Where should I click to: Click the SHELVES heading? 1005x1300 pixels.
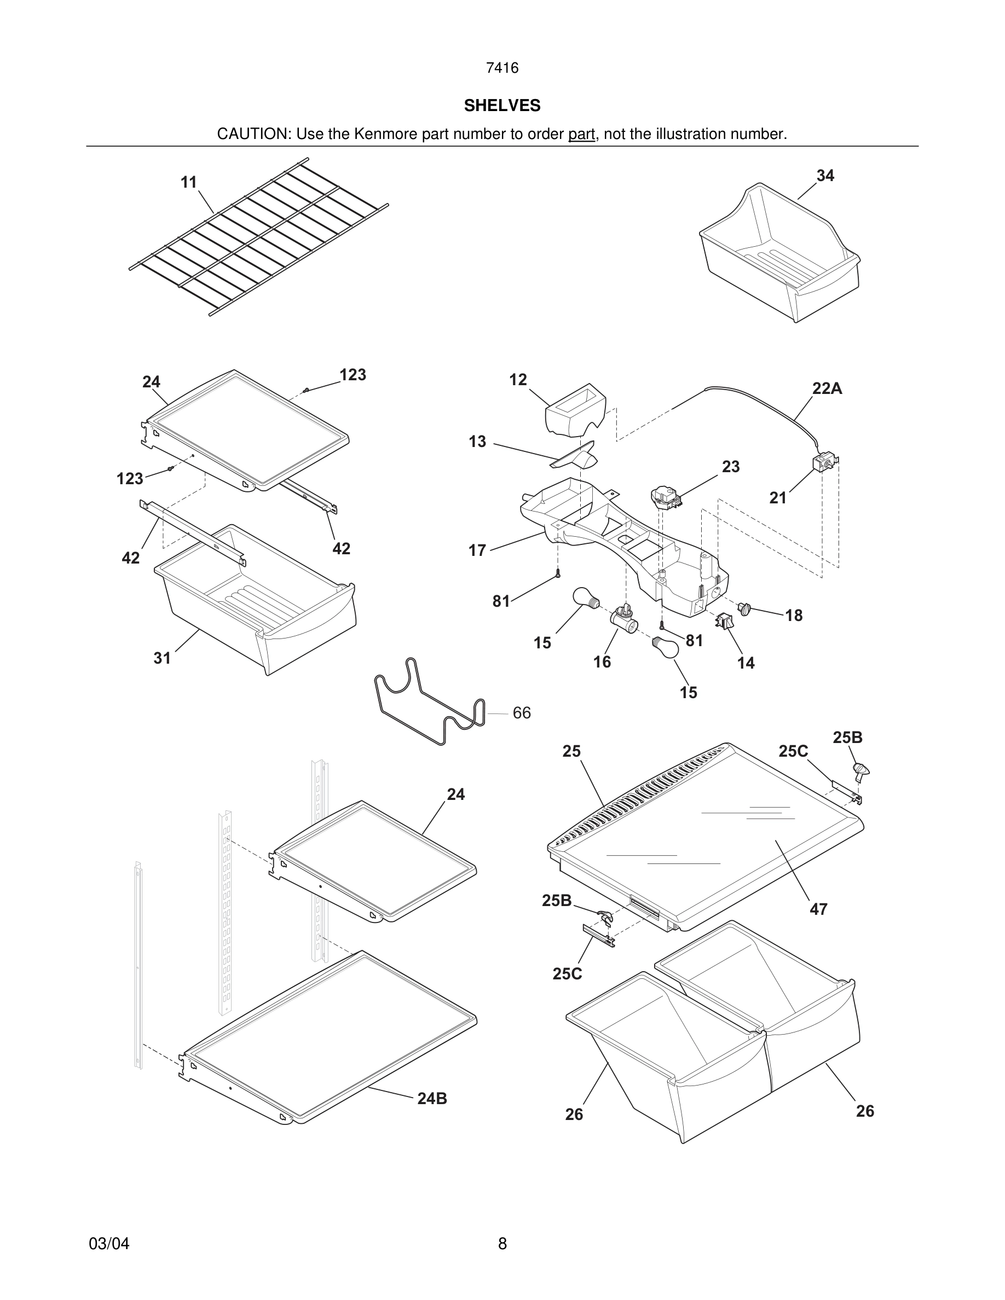tap(502, 106)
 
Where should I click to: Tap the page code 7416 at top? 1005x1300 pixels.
tap(502, 68)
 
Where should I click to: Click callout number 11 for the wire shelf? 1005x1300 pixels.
tap(189, 182)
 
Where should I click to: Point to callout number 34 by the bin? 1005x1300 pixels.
tap(824, 176)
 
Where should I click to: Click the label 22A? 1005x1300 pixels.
tap(827, 388)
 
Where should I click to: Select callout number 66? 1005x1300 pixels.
tap(522, 712)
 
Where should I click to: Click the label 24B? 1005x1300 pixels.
tap(432, 1099)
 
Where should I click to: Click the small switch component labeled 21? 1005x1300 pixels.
tap(824, 462)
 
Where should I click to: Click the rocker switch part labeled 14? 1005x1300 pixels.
tap(725, 621)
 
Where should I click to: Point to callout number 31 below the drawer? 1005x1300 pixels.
tap(162, 658)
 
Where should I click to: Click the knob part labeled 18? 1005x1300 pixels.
tap(744, 608)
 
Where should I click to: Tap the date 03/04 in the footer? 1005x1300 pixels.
tap(109, 1244)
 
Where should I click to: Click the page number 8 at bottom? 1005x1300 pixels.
tap(502, 1244)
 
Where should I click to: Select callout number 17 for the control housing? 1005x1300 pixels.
tap(477, 550)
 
